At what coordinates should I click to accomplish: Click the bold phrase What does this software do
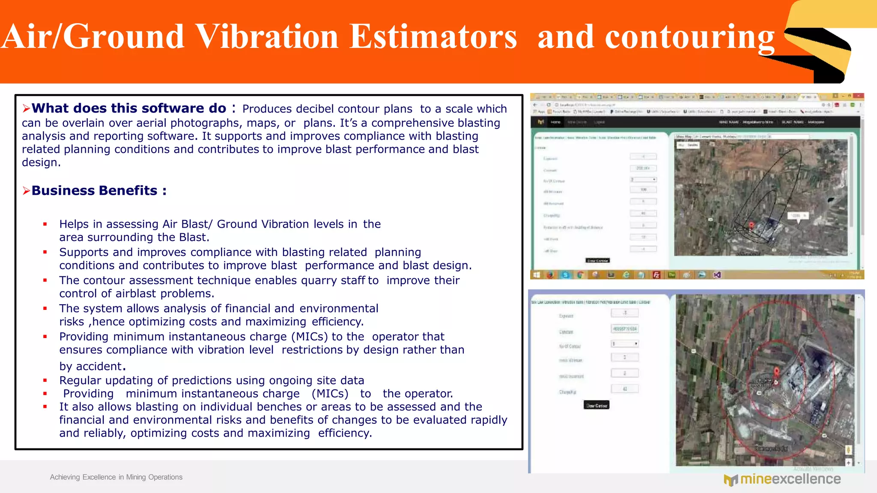[128, 108]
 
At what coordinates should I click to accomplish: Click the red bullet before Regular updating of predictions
[45, 380]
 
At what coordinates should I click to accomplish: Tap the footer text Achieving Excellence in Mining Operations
[116, 477]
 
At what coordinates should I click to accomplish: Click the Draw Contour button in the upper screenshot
[597, 260]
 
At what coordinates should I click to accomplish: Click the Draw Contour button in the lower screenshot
[597, 405]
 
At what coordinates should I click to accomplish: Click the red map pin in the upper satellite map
[751, 225]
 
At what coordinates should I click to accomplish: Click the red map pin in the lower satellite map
[777, 371]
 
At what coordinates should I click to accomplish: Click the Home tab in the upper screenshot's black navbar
[555, 122]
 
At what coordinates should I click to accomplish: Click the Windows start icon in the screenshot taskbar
[537, 275]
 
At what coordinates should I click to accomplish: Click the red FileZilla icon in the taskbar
[656, 275]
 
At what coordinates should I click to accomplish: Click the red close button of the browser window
[858, 96]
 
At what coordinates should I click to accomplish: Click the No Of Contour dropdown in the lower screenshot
[625, 344]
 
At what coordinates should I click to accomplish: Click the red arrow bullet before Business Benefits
[26, 191]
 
